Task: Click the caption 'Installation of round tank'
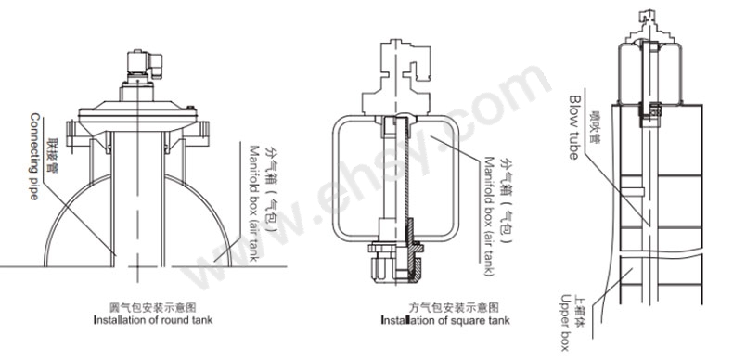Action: [x=153, y=320]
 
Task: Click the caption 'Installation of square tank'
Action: [x=445, y=320]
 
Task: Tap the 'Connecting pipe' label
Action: [x=34, y=156]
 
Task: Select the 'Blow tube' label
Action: [x=573, y=127]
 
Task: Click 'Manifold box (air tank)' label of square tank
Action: [x=489, y=216]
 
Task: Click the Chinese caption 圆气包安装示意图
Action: [x=152, y=308]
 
